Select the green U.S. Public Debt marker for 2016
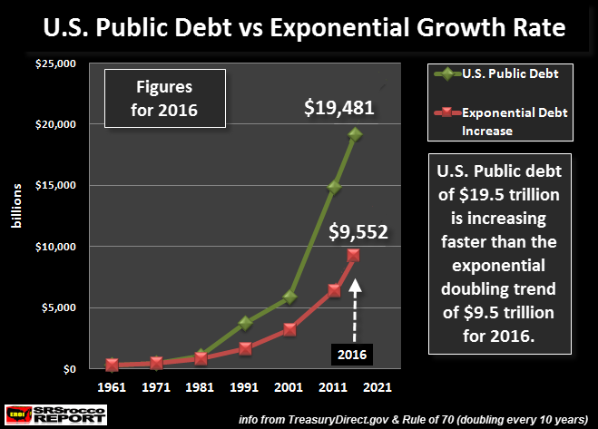[355, 134]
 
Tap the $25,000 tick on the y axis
[56, 63]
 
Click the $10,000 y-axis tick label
[56, 247]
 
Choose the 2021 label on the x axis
[377, 387]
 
